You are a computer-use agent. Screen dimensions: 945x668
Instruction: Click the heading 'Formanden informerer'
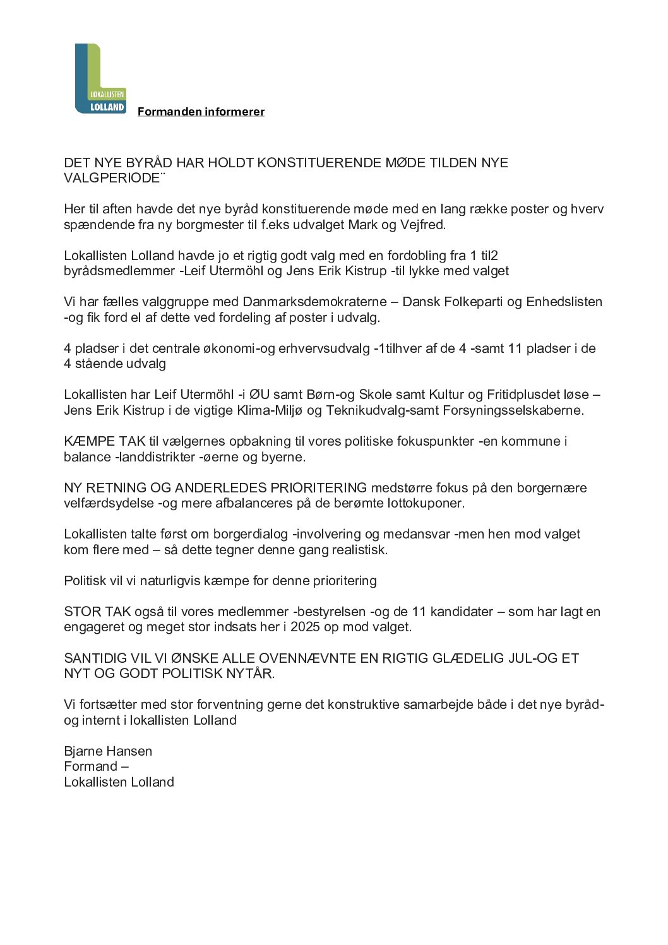coord(201,112)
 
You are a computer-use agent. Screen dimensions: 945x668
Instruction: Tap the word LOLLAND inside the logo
coord(107,107)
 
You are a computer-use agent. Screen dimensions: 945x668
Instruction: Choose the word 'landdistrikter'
coord(155,456)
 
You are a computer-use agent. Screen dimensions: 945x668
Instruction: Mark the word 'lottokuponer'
coord(423,503)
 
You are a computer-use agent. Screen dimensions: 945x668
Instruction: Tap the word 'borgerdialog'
coord(251,534)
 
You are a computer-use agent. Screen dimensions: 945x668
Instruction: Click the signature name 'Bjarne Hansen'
coord(108,751)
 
